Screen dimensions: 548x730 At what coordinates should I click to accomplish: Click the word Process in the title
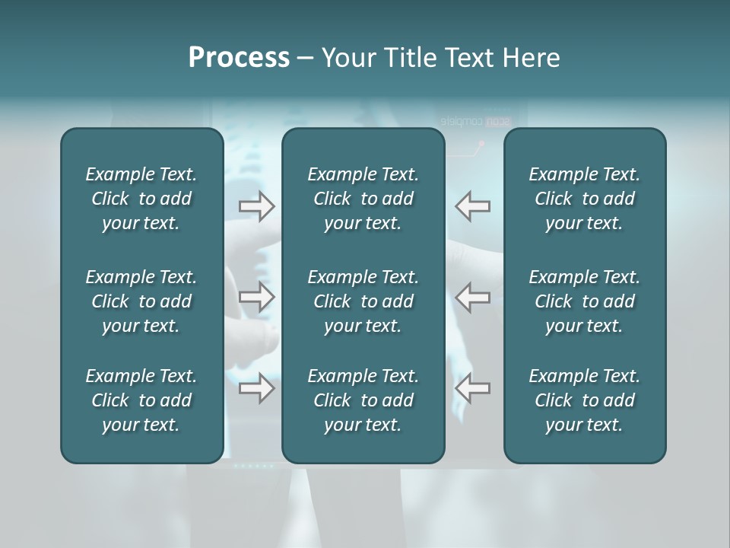[x=239, y=58]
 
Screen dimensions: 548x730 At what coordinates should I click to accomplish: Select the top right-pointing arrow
[x=257, y=205]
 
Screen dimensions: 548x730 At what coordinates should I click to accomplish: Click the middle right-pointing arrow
[x=257, y=297]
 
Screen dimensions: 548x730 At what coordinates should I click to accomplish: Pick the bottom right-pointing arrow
[x=257, y=388]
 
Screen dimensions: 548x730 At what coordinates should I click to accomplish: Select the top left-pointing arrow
[x=472, y=205]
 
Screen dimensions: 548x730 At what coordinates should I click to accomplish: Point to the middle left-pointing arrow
[x=472, y=297]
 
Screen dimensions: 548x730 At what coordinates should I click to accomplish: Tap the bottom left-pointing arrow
[x=472, y=388]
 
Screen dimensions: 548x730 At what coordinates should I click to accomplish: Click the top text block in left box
[x=141, y=199]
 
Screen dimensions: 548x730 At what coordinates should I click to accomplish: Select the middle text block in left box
[x=141, y=301]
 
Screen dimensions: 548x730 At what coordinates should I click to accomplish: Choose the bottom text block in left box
[x=141, y=400]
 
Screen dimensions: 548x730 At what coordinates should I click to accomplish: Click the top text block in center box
[x=363, y=199]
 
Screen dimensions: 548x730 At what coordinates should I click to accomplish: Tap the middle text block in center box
[x=363, y=301]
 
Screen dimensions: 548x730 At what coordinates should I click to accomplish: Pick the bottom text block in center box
[x=363, y=400]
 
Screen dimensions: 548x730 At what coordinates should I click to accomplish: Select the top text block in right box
[x=585, y=199]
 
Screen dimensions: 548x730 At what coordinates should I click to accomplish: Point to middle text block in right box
[x=585, y=301]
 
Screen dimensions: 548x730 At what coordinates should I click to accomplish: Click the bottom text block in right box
[x=585, y=400]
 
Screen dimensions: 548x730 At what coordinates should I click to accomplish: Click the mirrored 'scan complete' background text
[x=476, y=121]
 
